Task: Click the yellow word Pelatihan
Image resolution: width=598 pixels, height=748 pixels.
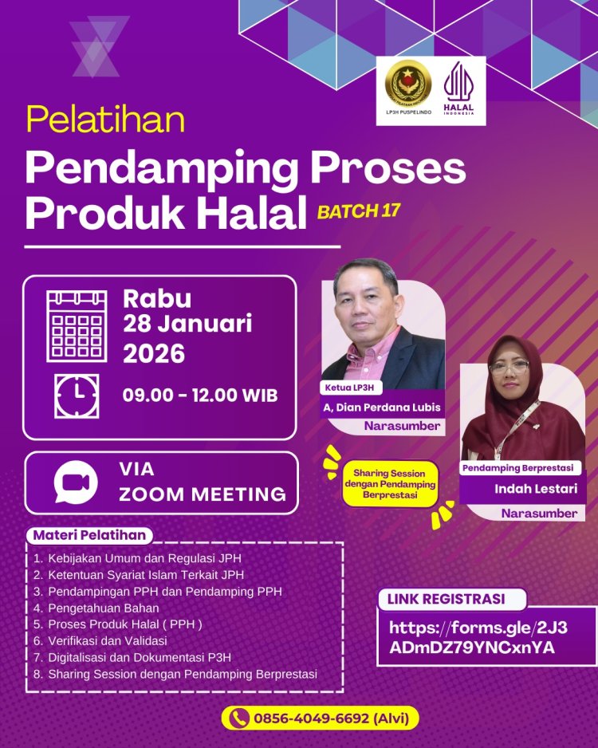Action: (x=105, y=120)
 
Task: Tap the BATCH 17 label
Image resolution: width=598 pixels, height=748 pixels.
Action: (x=358, y=211)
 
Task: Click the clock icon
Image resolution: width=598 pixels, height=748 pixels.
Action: (x=77, y=396)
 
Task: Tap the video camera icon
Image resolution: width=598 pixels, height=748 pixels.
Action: (x=75, y=482)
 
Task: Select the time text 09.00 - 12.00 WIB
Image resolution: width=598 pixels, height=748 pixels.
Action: (x=200, y=395)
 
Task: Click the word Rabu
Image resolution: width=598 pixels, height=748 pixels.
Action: (x=157, y=299)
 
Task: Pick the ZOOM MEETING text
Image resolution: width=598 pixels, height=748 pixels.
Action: (x=203, y=494)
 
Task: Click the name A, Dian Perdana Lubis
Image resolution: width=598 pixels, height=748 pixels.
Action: (x=381, y=407)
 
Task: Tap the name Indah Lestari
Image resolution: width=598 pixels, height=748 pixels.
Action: (x=525, y=488)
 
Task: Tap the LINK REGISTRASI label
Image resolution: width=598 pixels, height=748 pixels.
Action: (x=446, y=599)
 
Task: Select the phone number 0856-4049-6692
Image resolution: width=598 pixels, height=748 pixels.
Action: (x=321, y=718)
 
